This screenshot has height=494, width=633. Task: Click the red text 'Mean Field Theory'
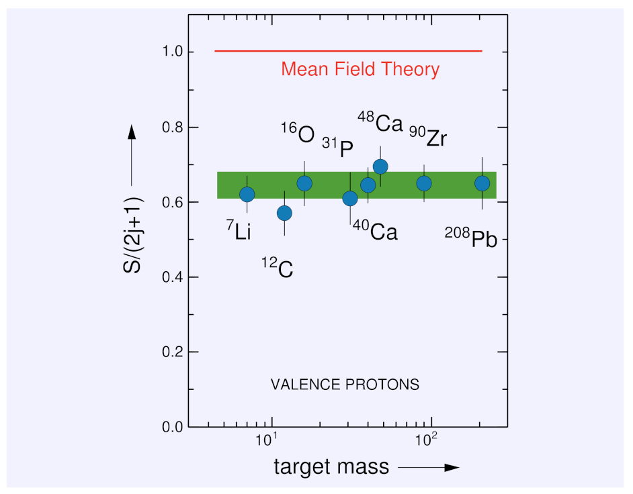[x=360, y=69]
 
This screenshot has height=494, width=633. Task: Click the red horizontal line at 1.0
[x=348, y=51]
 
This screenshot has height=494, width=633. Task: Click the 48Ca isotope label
[x=380, y=123]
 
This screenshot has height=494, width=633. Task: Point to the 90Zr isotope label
[x=428, y=138]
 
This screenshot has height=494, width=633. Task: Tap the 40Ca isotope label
[x=375, y=231]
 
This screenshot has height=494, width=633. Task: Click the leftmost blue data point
[x=247, y=194]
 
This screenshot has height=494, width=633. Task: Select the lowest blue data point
[x=284, y=213]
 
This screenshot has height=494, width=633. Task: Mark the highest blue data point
[x=380, y=166]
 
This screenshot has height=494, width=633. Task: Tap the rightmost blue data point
[x=482, y=183]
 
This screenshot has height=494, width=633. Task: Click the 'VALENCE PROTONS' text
[x=345, y=385]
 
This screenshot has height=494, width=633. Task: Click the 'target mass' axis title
[x=331, y=467]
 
